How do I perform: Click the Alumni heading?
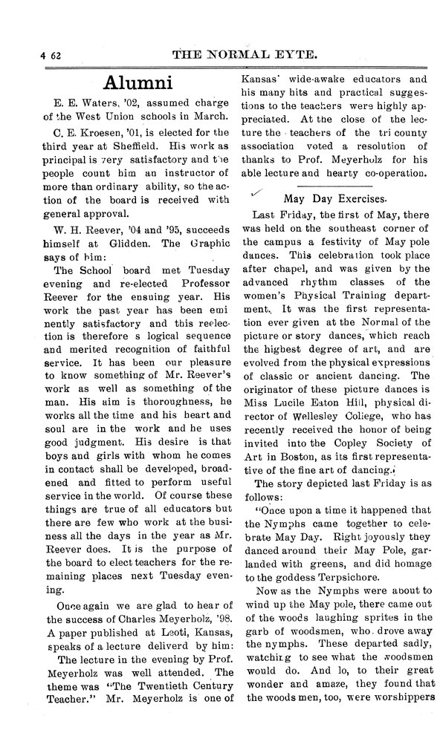click(138, 82)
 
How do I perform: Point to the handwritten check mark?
click(257, 192)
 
